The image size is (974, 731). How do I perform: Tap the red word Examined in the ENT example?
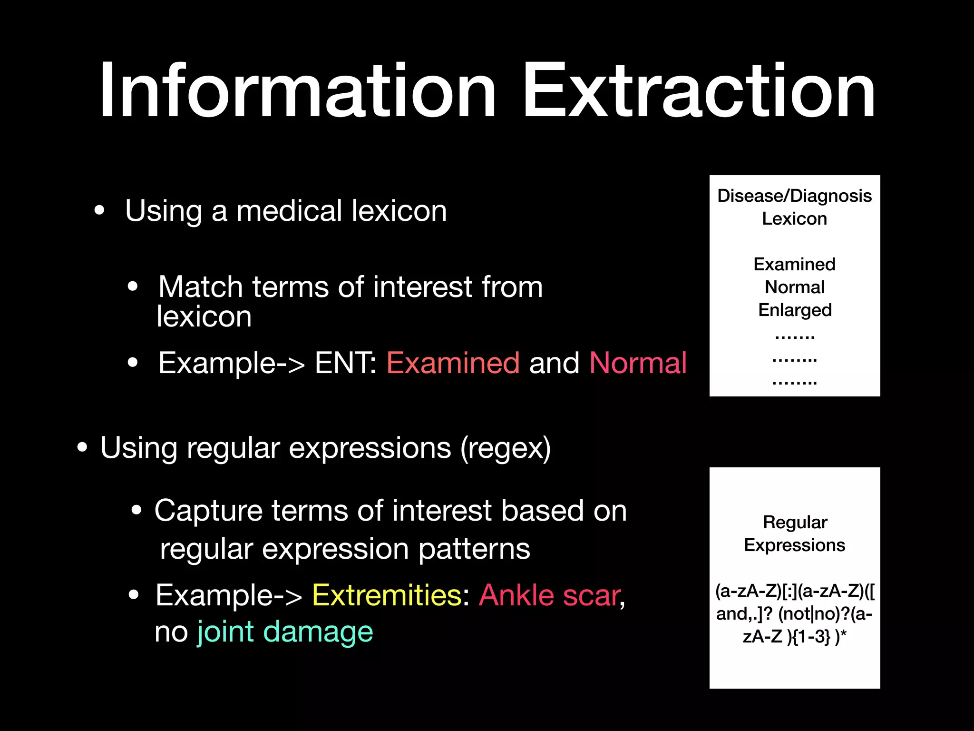point(453,363)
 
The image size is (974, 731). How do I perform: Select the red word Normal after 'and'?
point(638,363)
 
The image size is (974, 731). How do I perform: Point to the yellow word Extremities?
point(387,595)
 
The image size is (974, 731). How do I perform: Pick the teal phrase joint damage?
point(285,632)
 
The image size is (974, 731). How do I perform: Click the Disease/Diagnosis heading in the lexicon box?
point(794,196)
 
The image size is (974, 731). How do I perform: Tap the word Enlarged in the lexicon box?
point(795,310)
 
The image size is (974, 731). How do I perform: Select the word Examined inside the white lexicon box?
point(794,264)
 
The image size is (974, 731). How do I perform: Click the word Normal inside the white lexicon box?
point(794,287)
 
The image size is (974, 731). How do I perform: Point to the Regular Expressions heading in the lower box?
point(795,533)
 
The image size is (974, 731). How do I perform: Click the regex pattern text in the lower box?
point(795,613)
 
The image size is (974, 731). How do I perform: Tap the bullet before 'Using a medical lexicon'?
point(99,211)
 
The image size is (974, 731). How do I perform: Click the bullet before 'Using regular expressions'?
point(82,447)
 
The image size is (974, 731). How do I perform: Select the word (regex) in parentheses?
point(505,448)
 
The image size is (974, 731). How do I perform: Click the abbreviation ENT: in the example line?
point(346,363)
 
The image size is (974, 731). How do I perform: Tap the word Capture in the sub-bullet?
point(208,511)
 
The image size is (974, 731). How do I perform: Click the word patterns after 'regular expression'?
point(474,549)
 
